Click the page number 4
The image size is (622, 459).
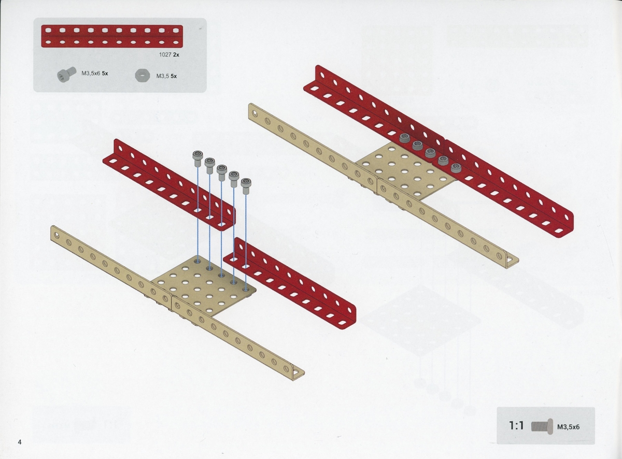click(19, 442)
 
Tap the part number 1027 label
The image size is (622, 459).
click(165, 55)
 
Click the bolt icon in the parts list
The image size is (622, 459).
click(67, 74)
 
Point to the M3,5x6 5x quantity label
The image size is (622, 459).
click(95, 74)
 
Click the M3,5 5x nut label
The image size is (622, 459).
click(166, 76)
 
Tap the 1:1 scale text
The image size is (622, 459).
click(516, 426)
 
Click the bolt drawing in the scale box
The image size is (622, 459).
click(542, 427)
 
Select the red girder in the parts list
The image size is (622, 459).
click(112, 36)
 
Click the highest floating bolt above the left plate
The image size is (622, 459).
click(197, 158)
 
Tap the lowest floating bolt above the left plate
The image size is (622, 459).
click(246, 185)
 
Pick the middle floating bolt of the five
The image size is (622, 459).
click(222, 172)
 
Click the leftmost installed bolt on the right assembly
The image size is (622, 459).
click(404, 137)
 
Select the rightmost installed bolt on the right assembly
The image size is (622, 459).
click(456, 167)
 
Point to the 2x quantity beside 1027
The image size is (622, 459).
click(176, 55)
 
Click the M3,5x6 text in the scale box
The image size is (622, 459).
click(568, 427)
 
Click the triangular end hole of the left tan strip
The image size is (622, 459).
click(296, 372)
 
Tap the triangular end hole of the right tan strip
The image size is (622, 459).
click(511, 260)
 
